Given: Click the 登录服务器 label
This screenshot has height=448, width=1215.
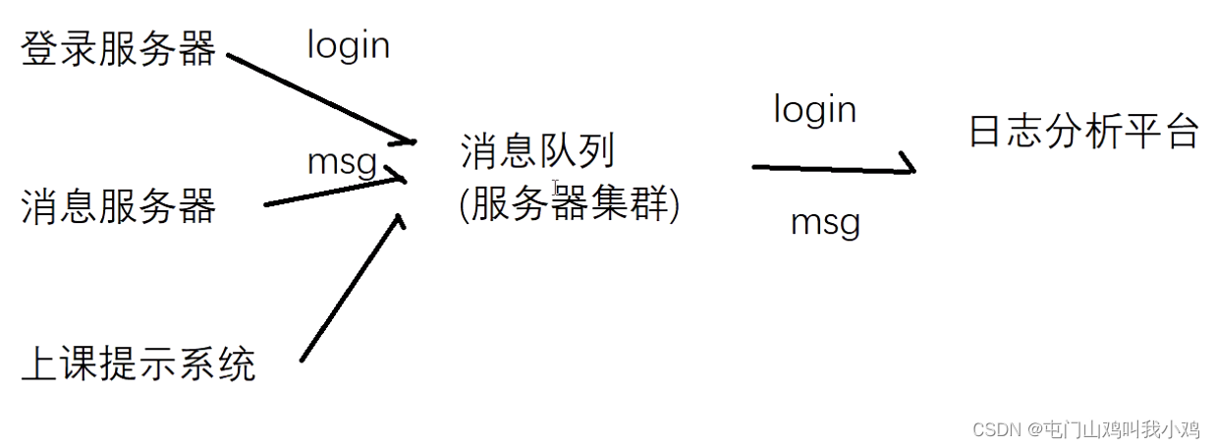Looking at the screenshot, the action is tap(118, 48).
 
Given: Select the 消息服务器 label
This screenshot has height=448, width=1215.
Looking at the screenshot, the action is tap(118, 206).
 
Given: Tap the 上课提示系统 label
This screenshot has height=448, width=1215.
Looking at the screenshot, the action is tap(138, 364).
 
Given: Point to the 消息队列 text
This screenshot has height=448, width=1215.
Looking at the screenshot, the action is tap(537, 151).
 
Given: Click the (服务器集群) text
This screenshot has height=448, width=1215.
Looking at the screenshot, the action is tap(569, 205).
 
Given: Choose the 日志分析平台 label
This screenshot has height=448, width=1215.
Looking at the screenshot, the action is tap(1084, 131).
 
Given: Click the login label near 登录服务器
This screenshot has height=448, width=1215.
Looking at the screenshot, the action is tap(348, 45).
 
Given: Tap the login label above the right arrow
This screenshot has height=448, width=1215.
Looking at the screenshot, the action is tap(814, 109).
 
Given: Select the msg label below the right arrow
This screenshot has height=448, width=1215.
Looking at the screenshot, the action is tap(825, 223).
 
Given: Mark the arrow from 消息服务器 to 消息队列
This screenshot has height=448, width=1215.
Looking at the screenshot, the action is tap(334, 191).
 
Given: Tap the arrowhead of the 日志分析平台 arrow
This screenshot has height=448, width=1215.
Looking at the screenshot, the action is tap(909, 167).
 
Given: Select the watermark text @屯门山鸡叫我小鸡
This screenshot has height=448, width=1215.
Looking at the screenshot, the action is tap(1114, 429).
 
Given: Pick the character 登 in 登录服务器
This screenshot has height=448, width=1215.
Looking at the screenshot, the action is tap(39, 48).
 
